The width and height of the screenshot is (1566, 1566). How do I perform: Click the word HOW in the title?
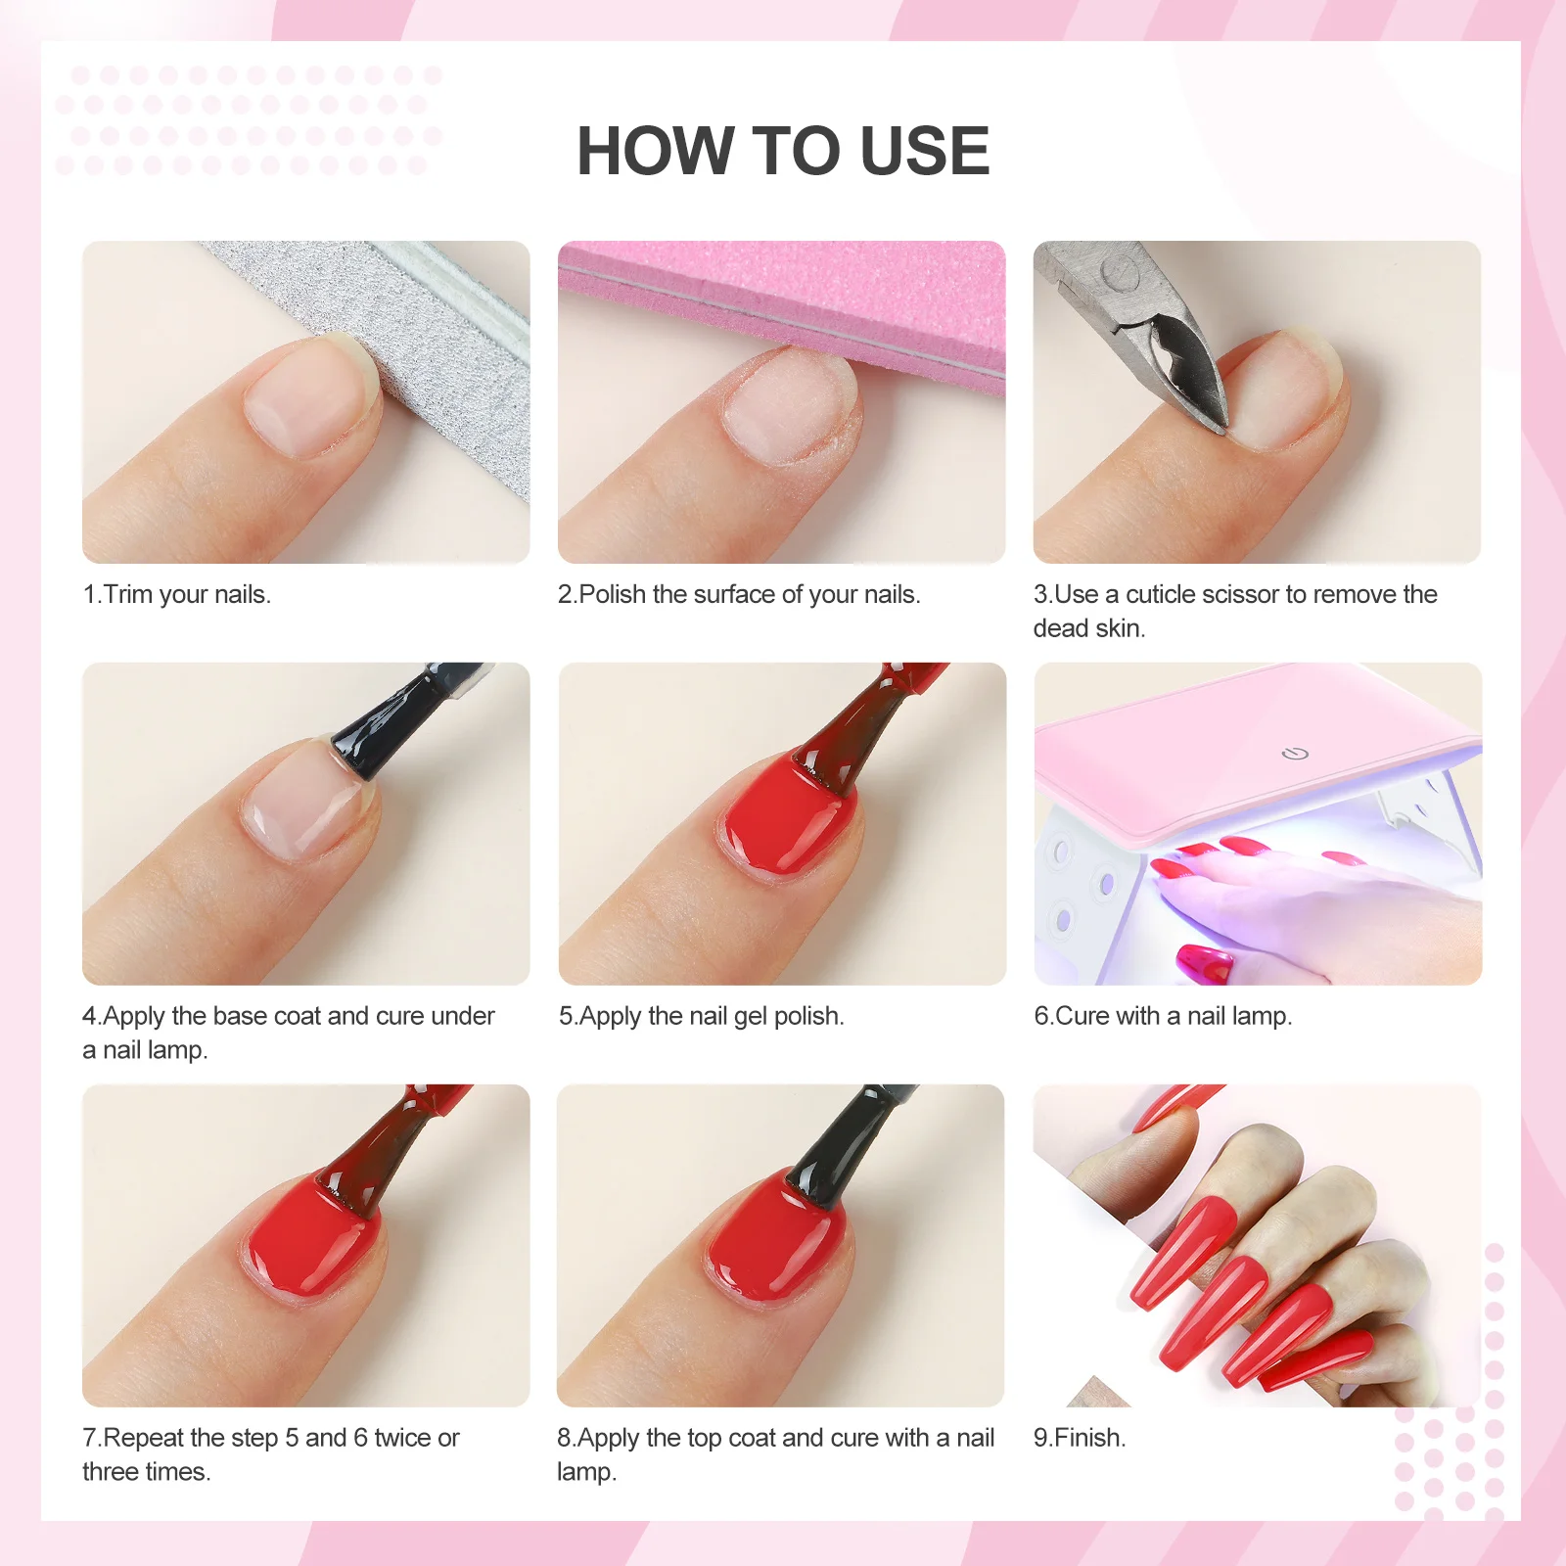pyautogui.click(x=656, y=152)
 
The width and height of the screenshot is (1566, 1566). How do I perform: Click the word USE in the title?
pyautogui.click(x=924, y=152)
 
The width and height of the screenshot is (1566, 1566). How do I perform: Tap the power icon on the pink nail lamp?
pyautogui.click(x=1295, y=753)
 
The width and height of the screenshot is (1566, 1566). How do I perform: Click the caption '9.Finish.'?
pyautogui.click(x=1080, y=1438)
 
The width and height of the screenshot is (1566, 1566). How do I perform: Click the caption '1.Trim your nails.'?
pyautogui.click(x=177, y=594)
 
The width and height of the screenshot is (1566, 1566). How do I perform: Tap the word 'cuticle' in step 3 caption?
pyautogui.click(x=1160, y=594)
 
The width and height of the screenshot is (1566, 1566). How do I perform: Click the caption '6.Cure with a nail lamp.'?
pyautogui.click(x=1163, y=1016)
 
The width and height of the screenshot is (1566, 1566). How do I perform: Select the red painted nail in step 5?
pyautogui.click(x=783, y=822)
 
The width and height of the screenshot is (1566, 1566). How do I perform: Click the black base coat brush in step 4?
pyautogui.click(x=391, y=724)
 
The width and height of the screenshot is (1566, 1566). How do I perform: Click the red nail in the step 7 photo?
pyautogui.click(x=308, y=1243)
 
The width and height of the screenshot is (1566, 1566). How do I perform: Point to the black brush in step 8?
pyautogui.click(x=842, y=1145)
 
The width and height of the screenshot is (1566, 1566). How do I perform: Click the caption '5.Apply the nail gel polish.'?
pyautogui.click(x=701, y=1016)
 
